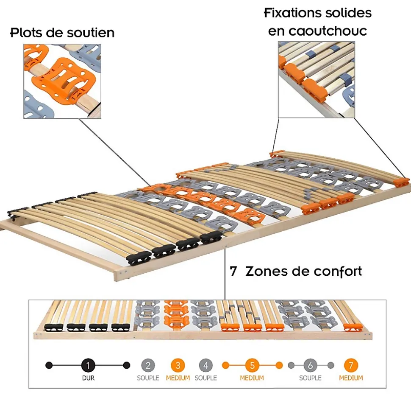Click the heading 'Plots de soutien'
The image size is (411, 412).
62,33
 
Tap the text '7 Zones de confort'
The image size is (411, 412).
296,271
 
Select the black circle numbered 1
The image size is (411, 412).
88,365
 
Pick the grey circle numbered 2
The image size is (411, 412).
148,365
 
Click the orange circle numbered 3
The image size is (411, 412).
178,365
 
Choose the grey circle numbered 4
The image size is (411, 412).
205,365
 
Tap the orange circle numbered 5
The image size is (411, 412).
252,365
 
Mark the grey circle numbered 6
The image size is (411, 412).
310,365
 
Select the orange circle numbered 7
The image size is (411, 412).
351,365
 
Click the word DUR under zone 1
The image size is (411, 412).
88,378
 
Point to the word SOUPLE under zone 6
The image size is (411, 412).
310,378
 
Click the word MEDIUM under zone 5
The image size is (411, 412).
252,378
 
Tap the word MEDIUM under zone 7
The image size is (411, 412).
351,378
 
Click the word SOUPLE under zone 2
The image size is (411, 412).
148,378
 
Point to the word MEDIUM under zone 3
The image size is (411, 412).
178,378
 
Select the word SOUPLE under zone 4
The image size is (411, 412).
205,378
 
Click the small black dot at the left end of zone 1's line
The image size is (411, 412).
49,365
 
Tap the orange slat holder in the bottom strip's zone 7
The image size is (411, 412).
353,327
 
